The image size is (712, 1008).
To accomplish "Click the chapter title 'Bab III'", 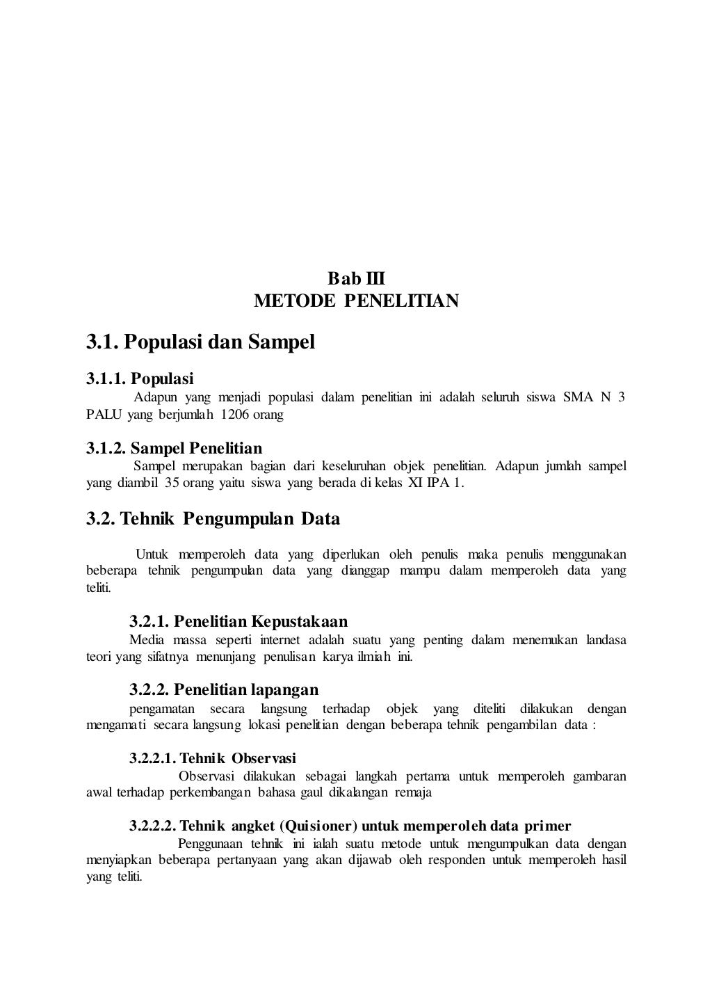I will click(356, 280).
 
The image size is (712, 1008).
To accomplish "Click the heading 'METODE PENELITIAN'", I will click(356, 301).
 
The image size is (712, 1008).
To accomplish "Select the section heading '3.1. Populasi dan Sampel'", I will click(200, 342).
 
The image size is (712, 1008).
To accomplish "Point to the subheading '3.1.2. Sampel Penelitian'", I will click(174, 448).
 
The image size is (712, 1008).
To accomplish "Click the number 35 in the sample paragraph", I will click(171, 482).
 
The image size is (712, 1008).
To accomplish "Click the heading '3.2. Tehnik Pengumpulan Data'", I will click(213, 519).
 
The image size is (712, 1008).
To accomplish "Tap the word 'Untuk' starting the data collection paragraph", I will click(152, 554).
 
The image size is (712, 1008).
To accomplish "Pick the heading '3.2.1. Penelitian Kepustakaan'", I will click(238, 621).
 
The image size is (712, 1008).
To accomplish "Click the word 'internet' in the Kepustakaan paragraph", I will click(280, 640).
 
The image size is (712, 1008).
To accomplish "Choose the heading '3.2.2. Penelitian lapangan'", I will click(224, 689).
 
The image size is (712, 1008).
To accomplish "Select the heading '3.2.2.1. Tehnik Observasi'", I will click(213, 758).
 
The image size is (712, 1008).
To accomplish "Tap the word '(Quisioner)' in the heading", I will click(318, 826).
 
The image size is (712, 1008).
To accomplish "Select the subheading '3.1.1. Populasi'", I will click(140, 379).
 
